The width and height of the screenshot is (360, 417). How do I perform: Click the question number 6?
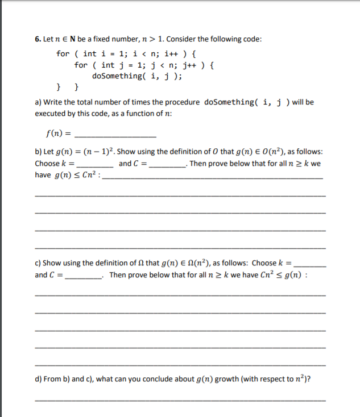coord(37,39)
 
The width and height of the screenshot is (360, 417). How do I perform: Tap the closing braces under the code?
coord(68,87)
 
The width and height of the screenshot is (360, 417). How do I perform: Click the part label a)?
coord(39,102)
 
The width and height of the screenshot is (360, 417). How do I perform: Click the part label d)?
coord(39,380)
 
